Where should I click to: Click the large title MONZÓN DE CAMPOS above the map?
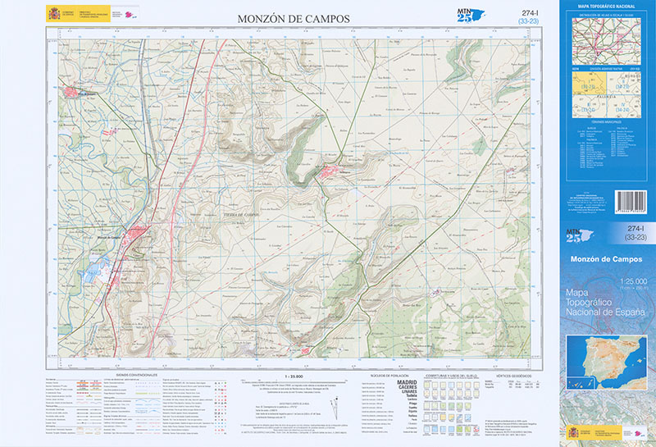293,18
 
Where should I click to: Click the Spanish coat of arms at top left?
55,13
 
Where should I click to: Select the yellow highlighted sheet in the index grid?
588,86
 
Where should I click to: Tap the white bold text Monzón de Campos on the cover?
607,259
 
